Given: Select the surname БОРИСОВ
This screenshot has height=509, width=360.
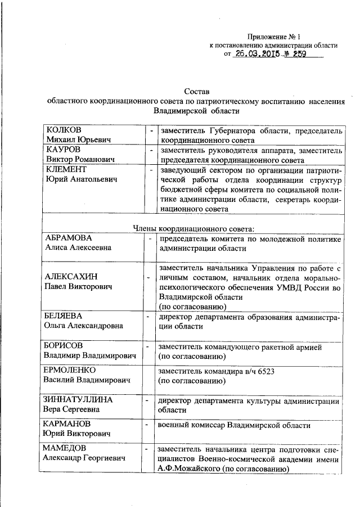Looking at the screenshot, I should pos(66,346).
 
